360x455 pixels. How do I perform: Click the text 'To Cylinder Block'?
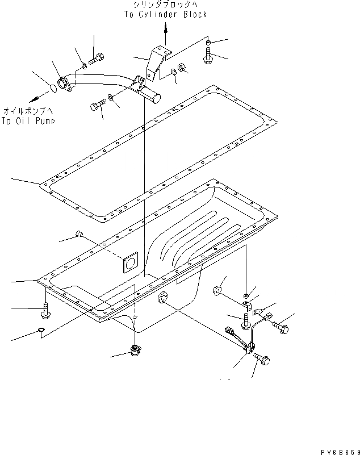pos(165,14)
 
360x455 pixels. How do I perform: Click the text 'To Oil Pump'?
pos(28,120)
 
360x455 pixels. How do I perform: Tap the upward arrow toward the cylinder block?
pos(165,35)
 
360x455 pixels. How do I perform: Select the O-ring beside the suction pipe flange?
pos(52,87)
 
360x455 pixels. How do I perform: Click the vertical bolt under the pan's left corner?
pos(45,310)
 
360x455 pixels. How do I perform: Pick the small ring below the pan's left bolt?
pos(42,331)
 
